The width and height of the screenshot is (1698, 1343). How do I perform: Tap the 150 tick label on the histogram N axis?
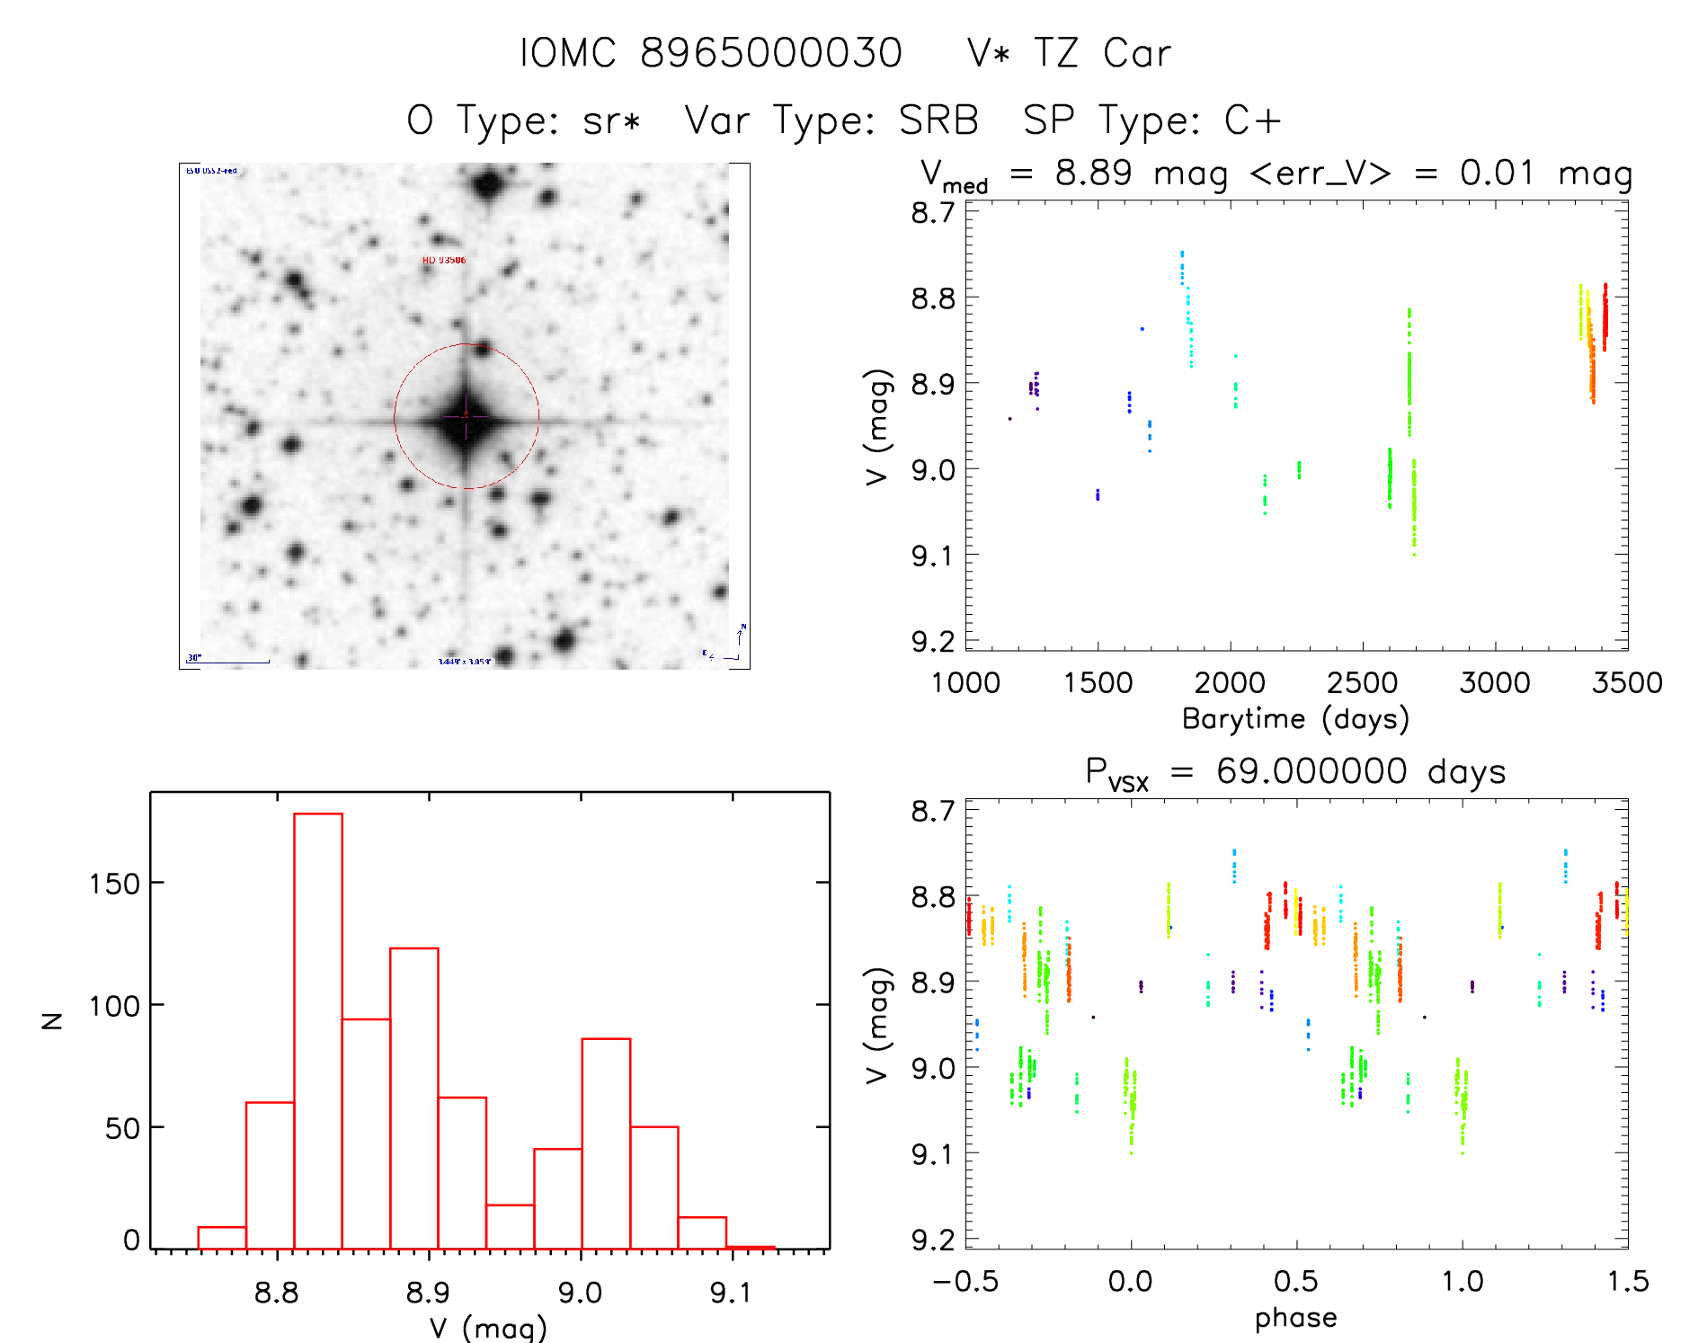click(114, 885)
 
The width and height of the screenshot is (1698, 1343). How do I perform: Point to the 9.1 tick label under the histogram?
click(730, 1293)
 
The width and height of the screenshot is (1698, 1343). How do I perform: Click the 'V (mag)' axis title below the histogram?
click(488, 1328)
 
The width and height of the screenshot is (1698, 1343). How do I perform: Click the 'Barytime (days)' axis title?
click(1295, 719)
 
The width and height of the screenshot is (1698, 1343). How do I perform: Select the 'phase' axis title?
click(1295, 1318)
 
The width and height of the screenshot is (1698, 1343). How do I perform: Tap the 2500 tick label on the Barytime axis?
click(1362, 683)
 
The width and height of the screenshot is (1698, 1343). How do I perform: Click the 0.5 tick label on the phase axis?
click(1296, 1282)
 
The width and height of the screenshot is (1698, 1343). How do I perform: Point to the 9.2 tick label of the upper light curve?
click(933, 642)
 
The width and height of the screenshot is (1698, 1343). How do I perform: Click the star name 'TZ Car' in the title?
click(1102, 54)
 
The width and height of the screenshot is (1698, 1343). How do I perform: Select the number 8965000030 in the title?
click(771, 54)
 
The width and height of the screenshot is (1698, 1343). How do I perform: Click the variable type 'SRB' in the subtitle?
click(938, 120)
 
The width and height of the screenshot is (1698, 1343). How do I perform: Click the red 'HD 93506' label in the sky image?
click(444, 261)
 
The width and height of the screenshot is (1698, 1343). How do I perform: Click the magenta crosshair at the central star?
click(466, 415)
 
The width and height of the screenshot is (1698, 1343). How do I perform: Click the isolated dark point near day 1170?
click(1009, 419)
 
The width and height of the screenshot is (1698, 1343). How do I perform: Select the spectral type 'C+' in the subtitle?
click(1252, 120)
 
